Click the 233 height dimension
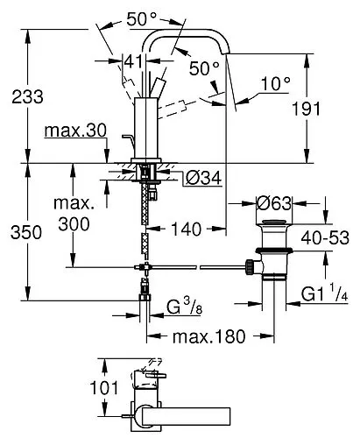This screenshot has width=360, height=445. point(27,97)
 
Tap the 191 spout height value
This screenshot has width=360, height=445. point(307,109)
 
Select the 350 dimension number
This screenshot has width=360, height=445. point(26,233)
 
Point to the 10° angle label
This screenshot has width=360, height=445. point(276,84)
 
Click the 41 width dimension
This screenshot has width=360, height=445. point(134,61)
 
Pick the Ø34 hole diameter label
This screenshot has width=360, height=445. point(203,178)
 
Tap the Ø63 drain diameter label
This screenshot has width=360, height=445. point(274,203)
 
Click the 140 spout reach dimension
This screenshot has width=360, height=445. point(187,229)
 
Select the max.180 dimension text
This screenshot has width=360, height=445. point(209,336)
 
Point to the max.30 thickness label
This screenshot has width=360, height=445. point(75,131)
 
